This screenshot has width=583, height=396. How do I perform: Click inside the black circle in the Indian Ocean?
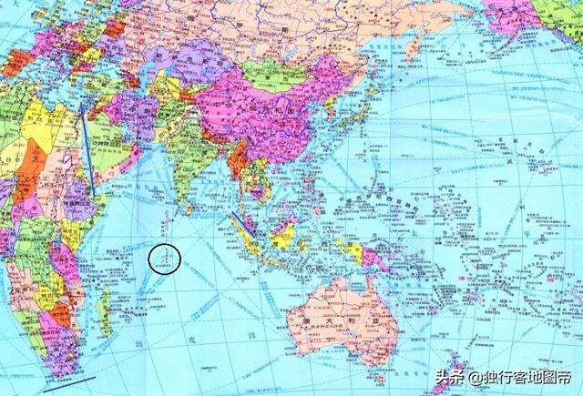pyautogui.click(x=165, y=259)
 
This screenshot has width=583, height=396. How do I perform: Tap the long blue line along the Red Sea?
pyautogui.click(x=87, y=150)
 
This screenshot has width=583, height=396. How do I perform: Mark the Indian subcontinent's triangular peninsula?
pyautogui.click(x=182, y=173)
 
